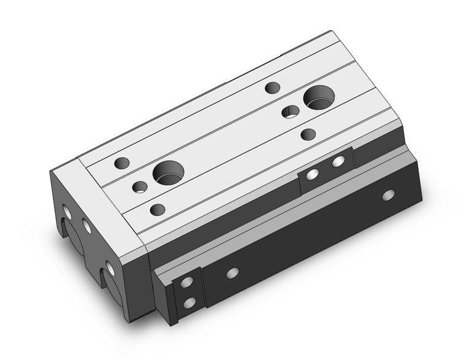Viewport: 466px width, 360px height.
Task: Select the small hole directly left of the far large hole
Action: point(290,112)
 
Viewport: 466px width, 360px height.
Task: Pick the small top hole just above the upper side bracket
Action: point(308,134)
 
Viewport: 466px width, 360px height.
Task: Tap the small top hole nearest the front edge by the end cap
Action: point(158,209)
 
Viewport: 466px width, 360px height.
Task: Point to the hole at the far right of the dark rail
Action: point(388,196)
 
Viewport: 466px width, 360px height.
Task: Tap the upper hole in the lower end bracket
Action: point(188,283)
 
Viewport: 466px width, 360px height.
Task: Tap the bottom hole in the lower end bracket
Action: point(189,302)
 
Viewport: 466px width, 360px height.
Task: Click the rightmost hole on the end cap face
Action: point(110,267)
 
